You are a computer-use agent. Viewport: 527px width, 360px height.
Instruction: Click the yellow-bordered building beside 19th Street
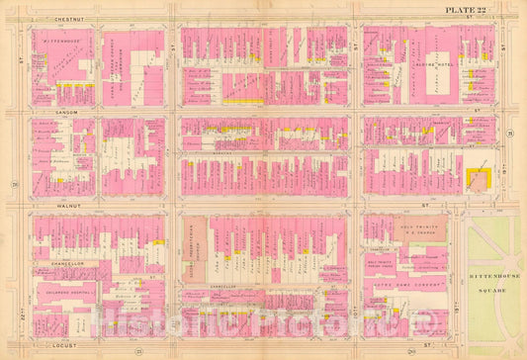(479, 180)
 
